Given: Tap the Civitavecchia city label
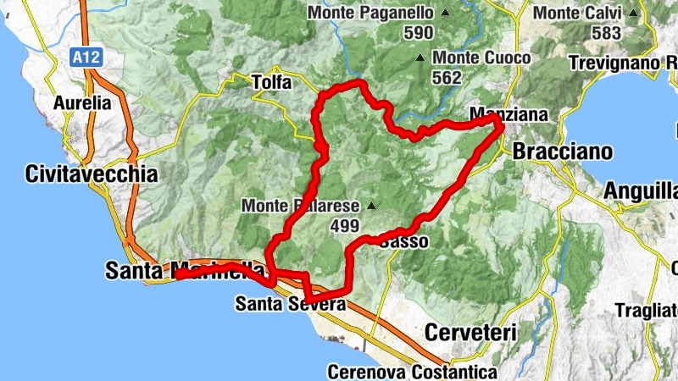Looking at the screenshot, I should pos(92,175).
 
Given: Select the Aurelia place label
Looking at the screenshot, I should pos(82,103).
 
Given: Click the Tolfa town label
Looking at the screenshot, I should pos(271,83).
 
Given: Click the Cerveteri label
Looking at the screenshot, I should pos(470,333).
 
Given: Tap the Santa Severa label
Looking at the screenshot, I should pos(291,303).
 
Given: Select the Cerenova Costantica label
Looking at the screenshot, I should pos(412,372).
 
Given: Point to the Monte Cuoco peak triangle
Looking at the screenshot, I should pos(420,58).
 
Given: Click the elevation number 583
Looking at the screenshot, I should pos(607,34).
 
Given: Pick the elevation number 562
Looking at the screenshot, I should pos(447,78).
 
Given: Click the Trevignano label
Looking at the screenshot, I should pos(623,63).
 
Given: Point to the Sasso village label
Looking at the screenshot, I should pos(404,242).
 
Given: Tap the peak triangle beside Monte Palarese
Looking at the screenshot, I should pos(370,206).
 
